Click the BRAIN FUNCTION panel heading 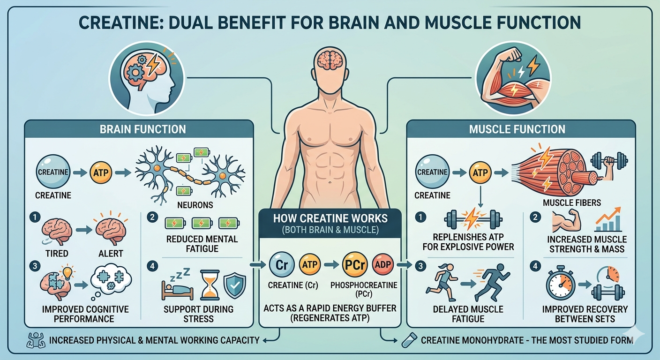point(142,129)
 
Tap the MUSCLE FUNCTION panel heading point(517,129)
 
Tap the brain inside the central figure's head point(330,60)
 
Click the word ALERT point(112,254)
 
